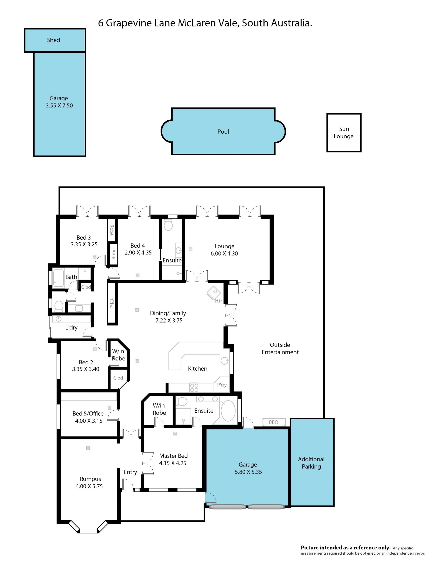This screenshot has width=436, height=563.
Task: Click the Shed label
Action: pos(53,40)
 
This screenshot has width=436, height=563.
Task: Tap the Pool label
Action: pos(223,132)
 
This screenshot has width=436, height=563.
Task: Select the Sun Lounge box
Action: pos(344,133)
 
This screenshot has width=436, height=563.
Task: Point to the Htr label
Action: pos(218,301)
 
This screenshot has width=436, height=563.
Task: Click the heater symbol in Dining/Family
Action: pos(214,293)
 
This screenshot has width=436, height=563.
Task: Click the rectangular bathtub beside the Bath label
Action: pos(59,278)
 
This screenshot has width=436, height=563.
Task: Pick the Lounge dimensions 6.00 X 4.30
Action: pos(224,254)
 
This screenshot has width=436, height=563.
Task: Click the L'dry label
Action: pos(71,328)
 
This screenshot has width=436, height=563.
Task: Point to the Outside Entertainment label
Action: pos(280,349)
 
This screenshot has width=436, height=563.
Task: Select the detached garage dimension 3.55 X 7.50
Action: pos(59,105)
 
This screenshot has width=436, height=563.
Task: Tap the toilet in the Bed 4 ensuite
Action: pos(168,225)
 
